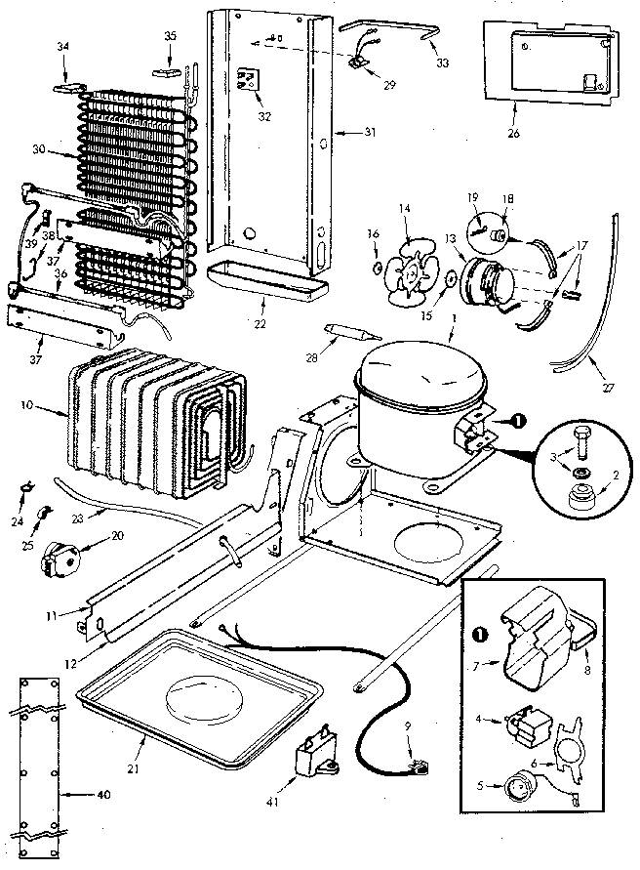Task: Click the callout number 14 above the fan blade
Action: [x=405, y=208]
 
